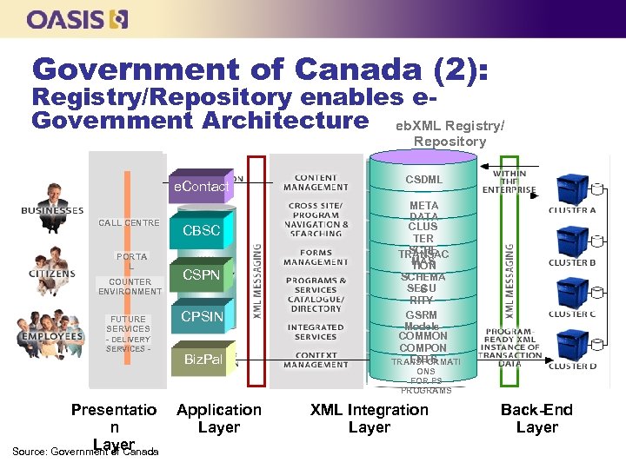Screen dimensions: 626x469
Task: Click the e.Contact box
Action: coord(201,187)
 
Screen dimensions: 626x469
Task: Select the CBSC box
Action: coord(201,231)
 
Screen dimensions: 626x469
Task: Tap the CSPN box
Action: coord(201,275)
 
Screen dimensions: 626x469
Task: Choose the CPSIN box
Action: coord(201,317)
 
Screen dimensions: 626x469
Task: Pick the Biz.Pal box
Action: coord(203,359)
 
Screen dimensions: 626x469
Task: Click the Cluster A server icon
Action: coord(571,186)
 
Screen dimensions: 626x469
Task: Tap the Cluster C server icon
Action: coord(571,289)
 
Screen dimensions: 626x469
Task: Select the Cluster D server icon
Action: coord(571,340)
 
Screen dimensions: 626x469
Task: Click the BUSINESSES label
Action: coord(52,210)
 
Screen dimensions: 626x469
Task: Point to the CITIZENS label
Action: coord(51,273)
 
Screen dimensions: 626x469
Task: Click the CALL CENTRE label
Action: coord(129,223)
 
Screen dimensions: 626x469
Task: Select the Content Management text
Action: coord(316,182)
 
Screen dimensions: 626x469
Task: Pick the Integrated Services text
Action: coord(316,332)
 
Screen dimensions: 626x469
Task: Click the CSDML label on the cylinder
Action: coord(423,180)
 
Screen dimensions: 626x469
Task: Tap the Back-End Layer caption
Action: coord(536,418)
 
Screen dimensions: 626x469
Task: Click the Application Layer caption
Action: coord(218,418)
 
